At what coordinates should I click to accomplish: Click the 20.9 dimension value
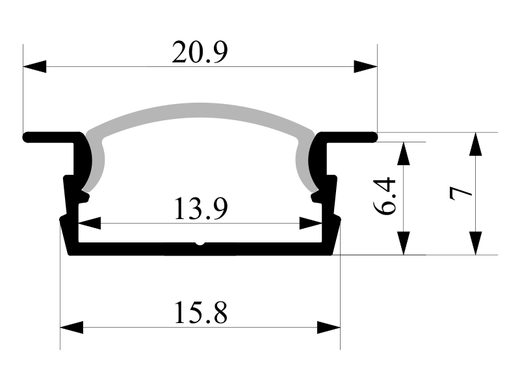point(200,53)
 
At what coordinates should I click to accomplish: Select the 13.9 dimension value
point(201,209)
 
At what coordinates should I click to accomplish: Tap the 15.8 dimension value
point(201,313)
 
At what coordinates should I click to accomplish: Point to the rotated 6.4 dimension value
point(385,197)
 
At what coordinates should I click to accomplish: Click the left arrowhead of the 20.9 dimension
point(34,67)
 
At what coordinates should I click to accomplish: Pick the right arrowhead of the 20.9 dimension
point(365,67)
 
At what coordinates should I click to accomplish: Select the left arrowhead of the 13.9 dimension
point(89,223)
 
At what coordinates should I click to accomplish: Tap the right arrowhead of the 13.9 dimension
point(311,223)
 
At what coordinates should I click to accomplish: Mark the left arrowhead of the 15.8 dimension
point(71,328)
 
